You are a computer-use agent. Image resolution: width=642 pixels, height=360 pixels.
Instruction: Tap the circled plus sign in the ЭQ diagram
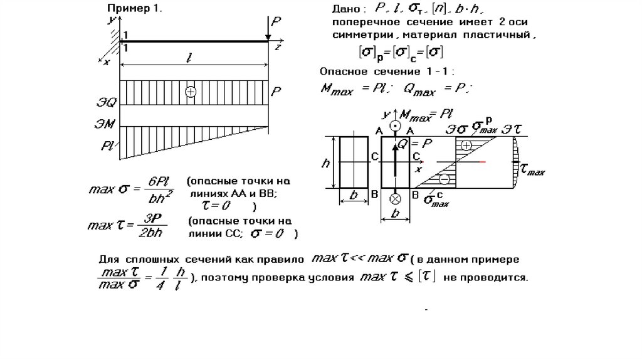coord(191,92)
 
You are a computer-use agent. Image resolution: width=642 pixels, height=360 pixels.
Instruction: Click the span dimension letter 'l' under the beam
coord(188,58)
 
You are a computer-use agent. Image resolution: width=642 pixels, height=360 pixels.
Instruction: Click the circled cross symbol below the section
coord(395,199)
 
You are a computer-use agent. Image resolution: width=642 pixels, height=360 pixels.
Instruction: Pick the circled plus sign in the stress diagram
coord(466,145)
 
